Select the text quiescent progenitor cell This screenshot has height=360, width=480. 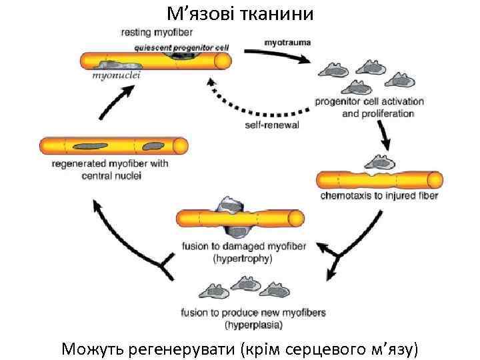(181, 47)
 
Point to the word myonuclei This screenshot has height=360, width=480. (116, 76)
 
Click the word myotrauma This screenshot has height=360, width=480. (287, 42)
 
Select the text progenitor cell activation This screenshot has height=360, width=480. (369, 101)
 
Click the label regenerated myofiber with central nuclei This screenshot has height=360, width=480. (110, 169)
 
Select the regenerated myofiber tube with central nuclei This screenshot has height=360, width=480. (113, 145)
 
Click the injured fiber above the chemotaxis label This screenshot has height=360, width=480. (379, 180)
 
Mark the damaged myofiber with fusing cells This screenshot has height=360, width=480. (240, 217)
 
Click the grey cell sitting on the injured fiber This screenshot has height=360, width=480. (377, 163)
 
